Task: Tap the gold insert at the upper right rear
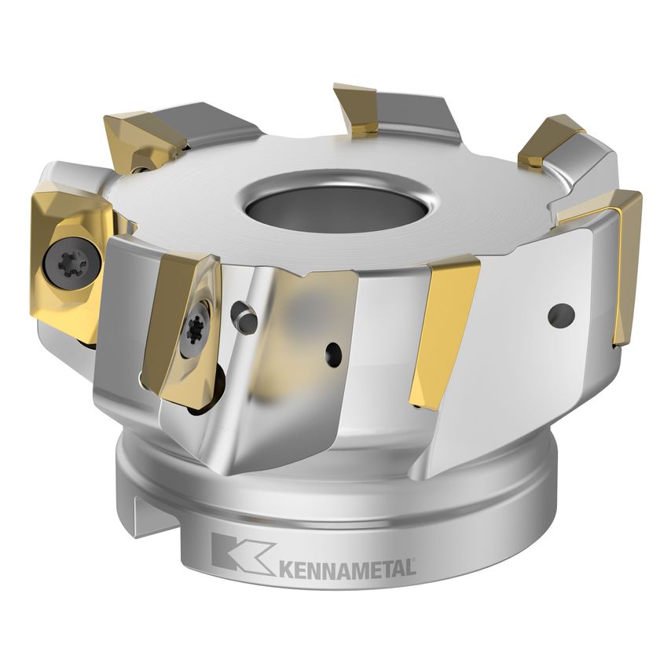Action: [550, 140]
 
